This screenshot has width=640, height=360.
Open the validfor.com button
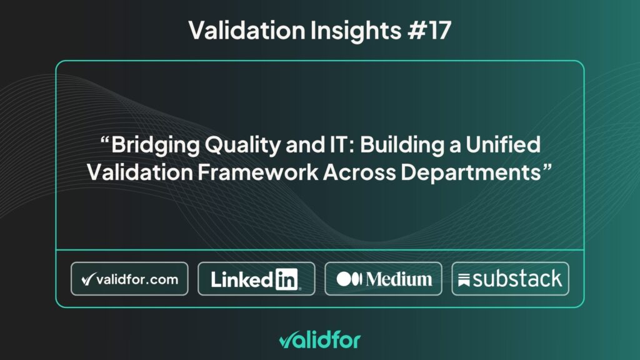click(129, 279)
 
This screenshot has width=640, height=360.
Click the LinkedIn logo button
click(256, 279)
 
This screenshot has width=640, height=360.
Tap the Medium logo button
click(383, 279)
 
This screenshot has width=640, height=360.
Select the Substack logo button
click(510, 279)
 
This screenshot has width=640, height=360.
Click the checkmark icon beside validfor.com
click(87, 279)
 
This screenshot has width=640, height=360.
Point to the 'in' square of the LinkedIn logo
click(286, 279)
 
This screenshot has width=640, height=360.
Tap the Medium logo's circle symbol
click(346, 279)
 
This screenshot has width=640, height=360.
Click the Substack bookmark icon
click(464, 280)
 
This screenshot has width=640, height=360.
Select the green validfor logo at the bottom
click(319, 340)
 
